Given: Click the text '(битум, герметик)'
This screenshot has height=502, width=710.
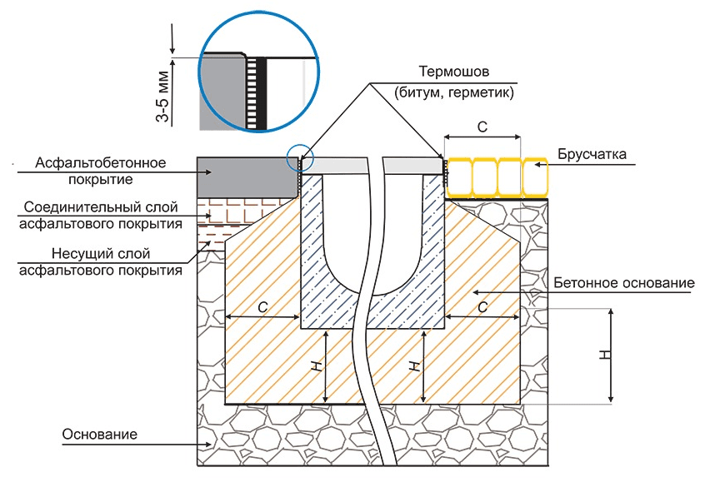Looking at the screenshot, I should (454, 93).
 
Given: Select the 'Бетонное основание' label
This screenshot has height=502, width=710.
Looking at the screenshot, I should (623, 283).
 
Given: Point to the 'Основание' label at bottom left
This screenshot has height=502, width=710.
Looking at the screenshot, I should (99, 435).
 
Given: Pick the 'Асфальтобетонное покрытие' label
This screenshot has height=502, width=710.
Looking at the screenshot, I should (101, 170).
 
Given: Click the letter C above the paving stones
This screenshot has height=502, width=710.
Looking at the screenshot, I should (482, 127).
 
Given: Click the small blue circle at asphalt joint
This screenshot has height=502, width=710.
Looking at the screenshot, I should (299, 156).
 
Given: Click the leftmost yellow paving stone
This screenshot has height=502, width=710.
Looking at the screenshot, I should (458, 176).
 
